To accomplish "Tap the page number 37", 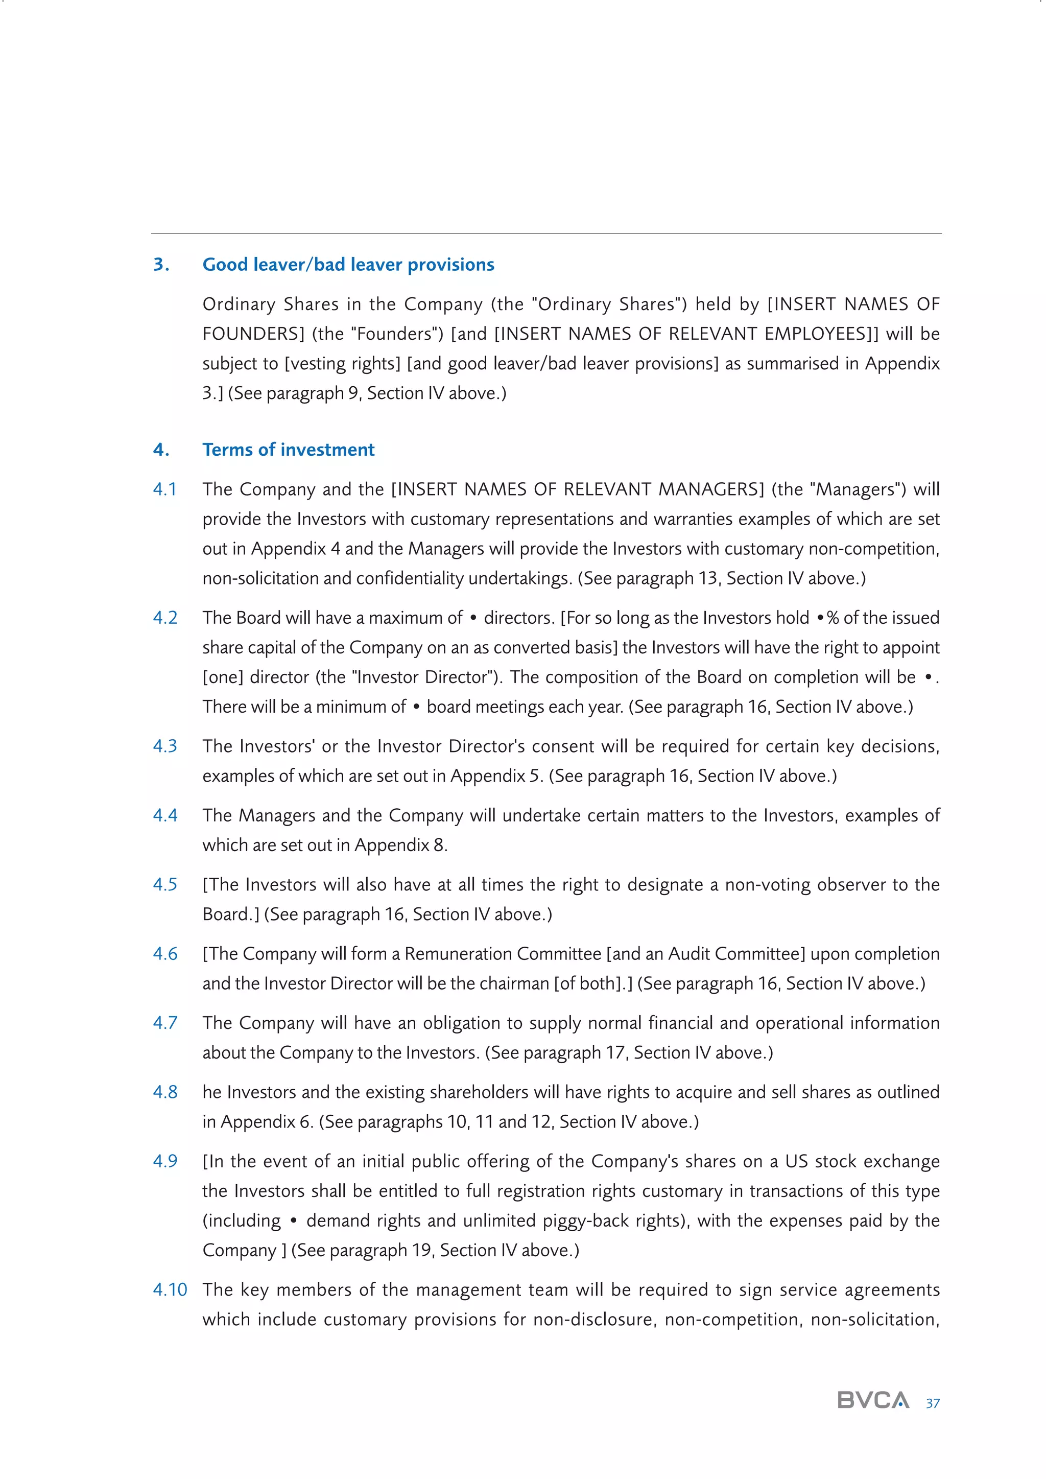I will coord(932,1403).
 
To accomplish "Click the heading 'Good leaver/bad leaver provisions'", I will coord(348,265).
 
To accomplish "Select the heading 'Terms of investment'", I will coord(288,450).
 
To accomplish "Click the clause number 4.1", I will coord(164,489).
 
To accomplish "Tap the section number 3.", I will coord(161,265).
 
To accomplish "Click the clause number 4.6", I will coord(165,954).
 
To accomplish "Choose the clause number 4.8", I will coord(165,1092).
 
